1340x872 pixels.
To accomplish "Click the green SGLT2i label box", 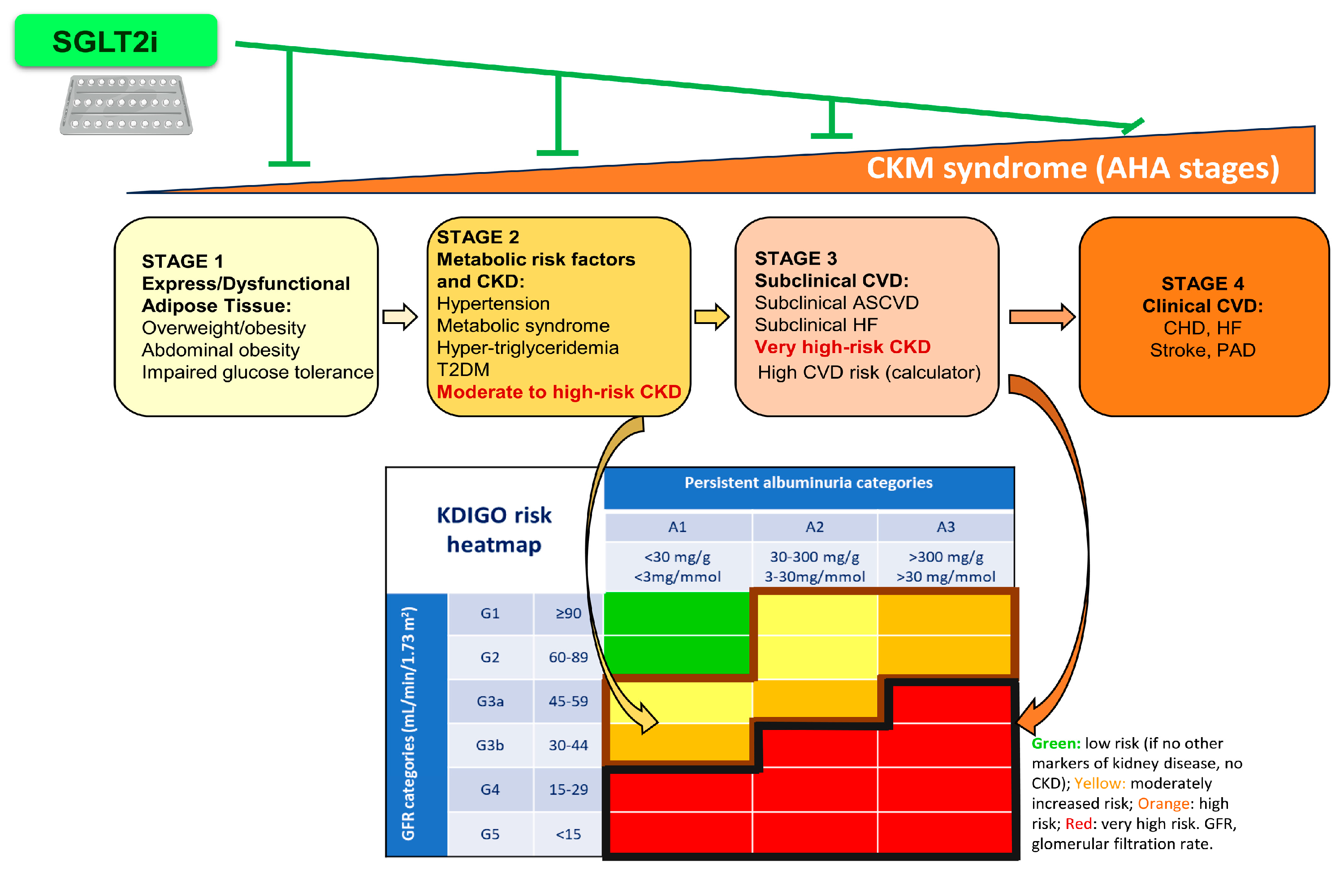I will [116, 40].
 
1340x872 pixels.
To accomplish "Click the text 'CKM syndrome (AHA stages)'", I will [1072, 168].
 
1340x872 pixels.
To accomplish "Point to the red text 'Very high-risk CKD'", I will [842, 347].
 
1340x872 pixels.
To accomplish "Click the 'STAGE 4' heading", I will [1202, 283].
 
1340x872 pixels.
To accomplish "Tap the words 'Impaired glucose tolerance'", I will [257, 372].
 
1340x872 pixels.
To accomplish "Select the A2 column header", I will [814, 527].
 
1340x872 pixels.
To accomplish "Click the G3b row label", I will [489, 745].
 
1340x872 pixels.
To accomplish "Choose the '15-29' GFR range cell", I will [568, 789].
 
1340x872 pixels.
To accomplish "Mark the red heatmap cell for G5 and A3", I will [945, 833].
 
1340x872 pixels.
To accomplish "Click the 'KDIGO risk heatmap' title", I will [494, 530].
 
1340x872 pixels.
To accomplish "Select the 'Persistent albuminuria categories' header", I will [808, 483].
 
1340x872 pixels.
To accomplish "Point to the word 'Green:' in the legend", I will [1055, 744].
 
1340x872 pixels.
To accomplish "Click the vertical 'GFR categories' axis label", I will [409, 723].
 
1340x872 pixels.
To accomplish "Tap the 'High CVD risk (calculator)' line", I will [869, 372].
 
